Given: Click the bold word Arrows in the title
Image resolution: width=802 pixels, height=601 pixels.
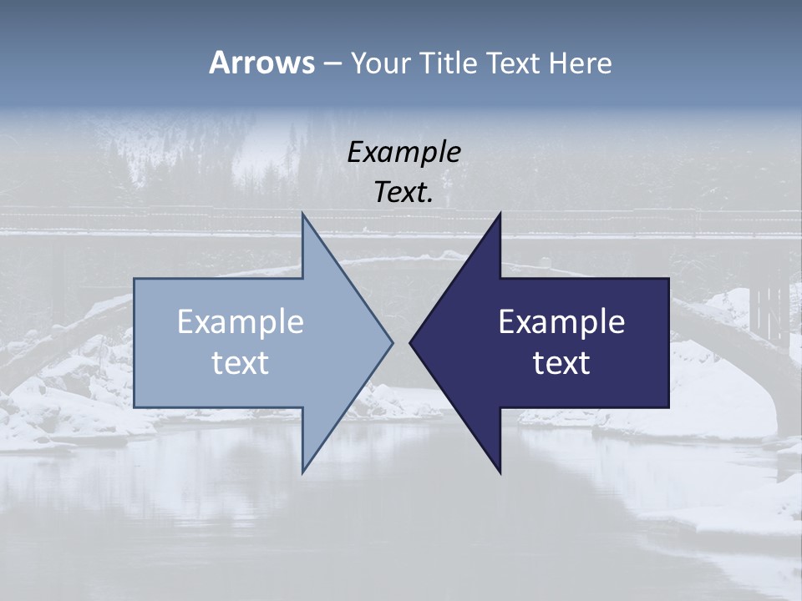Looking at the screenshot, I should pyautogui.click(x=261, y=63).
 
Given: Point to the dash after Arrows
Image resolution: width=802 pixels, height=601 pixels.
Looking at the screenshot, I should pyautogui.click(x=332, y=63).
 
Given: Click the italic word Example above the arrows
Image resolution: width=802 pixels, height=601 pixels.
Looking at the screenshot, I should pyautogui.click(x=404, y=153).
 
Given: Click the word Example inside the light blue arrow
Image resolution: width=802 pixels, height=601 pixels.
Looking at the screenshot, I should pyautogui.click(x=241, y=322).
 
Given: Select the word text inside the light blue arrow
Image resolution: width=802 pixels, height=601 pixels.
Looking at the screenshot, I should pyautogui.click(x=241, y=363).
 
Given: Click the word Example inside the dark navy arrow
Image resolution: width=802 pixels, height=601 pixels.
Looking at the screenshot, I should pyautogui.click(x=561, y=322).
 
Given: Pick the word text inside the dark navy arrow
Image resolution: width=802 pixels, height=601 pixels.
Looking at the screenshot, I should pyautogui.click(x=561, y=363).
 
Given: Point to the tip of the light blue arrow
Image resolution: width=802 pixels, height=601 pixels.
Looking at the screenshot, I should pyautogui.click(x=391, y=342).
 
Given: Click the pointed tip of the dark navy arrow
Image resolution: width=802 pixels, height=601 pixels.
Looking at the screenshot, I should pyautogui.click(x=411, y=342).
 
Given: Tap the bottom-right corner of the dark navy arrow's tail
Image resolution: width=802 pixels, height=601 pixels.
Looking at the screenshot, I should pyautogui.click(x=667, y=407).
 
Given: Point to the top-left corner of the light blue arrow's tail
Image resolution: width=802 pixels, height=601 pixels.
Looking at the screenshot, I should pyautogui.click(x=135, y=280).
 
